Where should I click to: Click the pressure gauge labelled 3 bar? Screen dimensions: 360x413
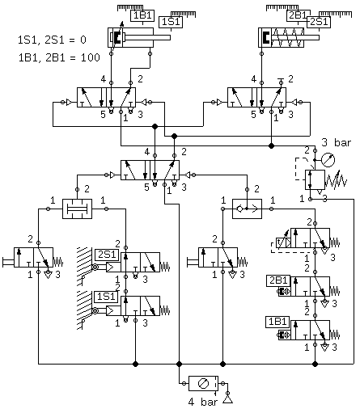328,160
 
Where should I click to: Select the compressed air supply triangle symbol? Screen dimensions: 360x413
228,400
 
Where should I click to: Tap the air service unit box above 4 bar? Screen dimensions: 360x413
203,383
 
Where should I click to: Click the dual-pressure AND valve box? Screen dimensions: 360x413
77,209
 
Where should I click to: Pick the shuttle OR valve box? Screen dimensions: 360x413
247,209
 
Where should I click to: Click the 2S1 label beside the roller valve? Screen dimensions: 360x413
107,255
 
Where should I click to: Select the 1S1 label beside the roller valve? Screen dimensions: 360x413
106,297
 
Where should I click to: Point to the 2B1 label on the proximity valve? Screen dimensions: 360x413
278,280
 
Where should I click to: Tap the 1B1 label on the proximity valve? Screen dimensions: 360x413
277,322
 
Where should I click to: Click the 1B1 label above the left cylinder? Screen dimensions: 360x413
142,15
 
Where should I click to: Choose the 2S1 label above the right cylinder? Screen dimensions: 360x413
319,22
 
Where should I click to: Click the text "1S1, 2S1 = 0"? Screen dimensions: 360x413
52,40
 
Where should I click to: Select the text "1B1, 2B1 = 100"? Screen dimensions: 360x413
59,57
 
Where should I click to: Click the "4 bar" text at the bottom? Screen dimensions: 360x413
203,402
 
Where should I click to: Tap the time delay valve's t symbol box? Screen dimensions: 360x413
283,242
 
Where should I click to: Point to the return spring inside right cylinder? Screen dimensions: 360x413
287,37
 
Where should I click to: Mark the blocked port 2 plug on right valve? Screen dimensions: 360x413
282,81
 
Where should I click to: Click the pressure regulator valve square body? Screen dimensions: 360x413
315,179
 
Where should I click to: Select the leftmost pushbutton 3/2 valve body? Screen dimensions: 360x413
33,257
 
